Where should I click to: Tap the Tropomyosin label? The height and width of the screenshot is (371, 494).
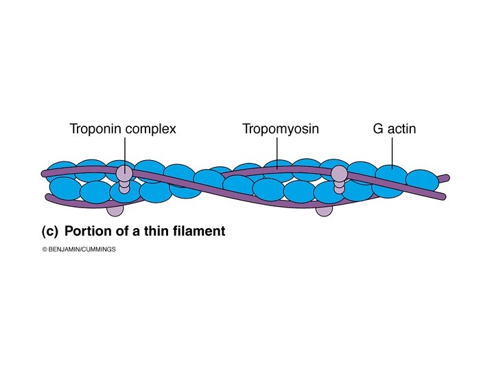click(x=280, y=128)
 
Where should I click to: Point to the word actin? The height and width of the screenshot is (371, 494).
click(x=402, y=128)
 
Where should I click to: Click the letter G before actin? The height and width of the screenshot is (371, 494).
click(x=378, y=128)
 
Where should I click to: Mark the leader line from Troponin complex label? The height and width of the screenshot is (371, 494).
click(x=124, y=151)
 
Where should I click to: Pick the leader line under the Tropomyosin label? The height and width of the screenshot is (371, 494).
click(x=277, y=150)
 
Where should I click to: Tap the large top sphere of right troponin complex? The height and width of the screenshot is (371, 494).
click(x=339, y=174)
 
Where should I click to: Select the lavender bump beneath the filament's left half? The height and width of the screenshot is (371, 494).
click(x=115, y=209)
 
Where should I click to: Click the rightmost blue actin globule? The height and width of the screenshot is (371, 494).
click(x=422, y=180)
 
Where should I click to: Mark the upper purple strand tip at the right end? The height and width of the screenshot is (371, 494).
click(x=446, y=178)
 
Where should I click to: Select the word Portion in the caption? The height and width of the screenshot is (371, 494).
click(x=86, y=232)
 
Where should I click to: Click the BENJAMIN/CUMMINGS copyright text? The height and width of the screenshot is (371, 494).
click(x=82, y=250)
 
